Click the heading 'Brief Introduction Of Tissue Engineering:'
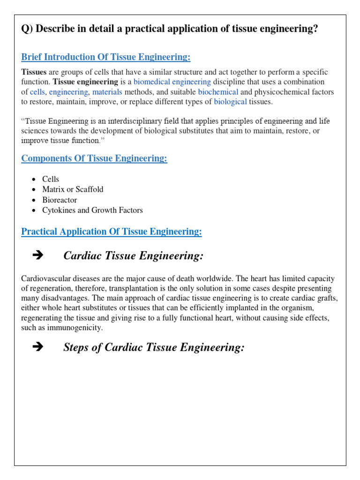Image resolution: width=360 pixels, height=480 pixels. pos(106,57)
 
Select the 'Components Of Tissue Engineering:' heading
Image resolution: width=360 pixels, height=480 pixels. pos(94,158)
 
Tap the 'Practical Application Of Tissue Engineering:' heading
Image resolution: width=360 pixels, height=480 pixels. pos(112,232)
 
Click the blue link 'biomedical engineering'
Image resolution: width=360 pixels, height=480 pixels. pos(172,82)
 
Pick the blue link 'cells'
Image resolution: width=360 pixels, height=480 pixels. pos(37,92)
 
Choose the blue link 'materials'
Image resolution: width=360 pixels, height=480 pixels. pos(107,92)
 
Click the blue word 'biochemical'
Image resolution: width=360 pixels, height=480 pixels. pos(218,92)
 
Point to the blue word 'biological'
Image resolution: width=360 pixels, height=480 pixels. pos(230,102)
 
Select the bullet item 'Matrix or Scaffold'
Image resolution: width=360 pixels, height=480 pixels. pos(73,189)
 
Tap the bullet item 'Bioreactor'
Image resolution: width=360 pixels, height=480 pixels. pos(60,200)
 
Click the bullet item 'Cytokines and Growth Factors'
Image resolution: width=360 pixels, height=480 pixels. pos(92,210)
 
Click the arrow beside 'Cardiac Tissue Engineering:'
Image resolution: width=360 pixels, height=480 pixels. pos(38,255)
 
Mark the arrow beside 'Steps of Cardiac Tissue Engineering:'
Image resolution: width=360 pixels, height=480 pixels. pos(38,347)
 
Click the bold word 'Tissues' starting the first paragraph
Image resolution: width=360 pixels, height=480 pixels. pos(34,72)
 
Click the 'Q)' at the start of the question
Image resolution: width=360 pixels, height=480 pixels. pos(27,29)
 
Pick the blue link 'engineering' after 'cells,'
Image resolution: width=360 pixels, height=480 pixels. pos(68,92)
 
